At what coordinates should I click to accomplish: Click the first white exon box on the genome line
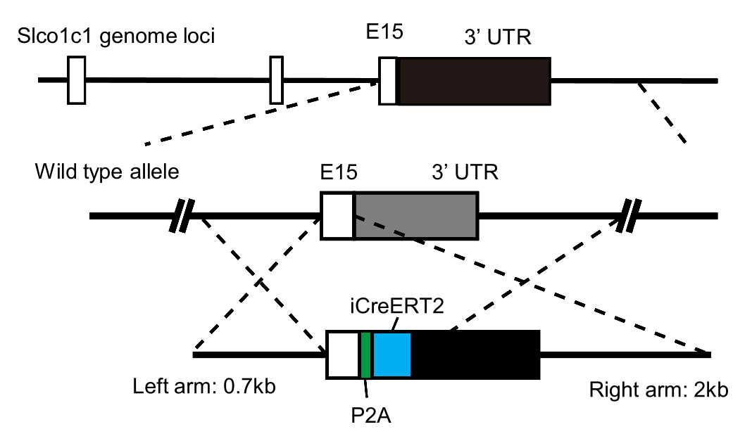click(76, 80)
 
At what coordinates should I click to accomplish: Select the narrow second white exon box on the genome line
click(277, 80)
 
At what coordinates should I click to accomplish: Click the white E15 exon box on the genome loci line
click(388, 81)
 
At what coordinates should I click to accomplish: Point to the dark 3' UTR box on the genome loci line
click(475, 81)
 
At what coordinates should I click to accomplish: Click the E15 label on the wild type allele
click(339, 172)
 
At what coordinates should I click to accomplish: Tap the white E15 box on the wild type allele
click(337, 216)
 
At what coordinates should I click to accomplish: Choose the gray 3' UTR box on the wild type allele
click(415, 216)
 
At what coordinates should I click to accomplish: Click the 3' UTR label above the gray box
click(463, 172)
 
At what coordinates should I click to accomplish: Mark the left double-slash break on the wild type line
click(185, 216)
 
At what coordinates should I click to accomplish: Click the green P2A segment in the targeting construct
click(365, 354)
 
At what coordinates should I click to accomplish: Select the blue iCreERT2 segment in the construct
click(391, 354)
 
